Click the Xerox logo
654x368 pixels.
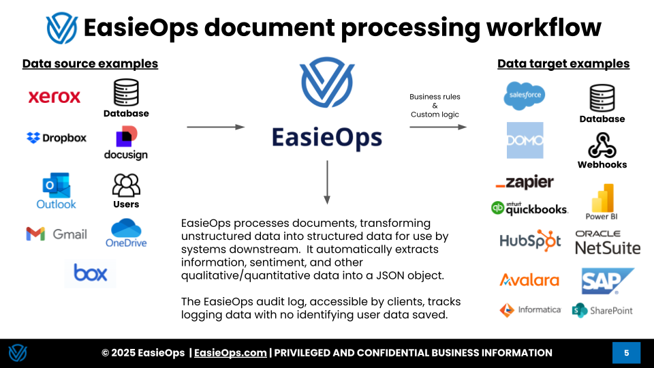pyautogui.click(x=54, y=97)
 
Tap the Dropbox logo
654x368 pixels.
pyautogui.click(x=57, y=138)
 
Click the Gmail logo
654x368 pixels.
pyautogui.click(x=57, y=234)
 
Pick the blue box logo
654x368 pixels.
pyautogui.click(x=91, y=273)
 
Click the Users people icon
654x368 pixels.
pyautogui.click(x=126, y=185)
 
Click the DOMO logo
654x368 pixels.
pyautogui.click(x=525, y=140)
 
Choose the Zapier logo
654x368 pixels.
pyautogui.click(x=525, y=182)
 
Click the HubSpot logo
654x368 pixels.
pyautogui.click(x=530, y=241)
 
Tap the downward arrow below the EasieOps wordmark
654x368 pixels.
pyautogui.click(x=327, y=182)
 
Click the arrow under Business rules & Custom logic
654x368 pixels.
pyautogui.click(x=438, y=127)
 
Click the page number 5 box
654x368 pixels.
pyautogui.click(x=626, y=353)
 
